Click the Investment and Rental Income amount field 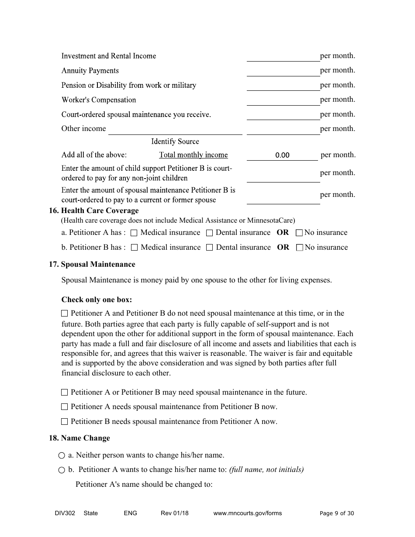point(283,56)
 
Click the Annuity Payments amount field point(283,71)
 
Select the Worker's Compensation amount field point(283,100)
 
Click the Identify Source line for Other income point(175,129)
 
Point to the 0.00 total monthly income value point(282,155)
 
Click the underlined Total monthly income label point(193,155)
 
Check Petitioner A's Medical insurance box point(135,233)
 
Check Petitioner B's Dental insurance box point(210,248)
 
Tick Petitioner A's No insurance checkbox point(299,233)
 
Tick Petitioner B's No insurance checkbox point(300,248)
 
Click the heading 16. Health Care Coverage point(93,211)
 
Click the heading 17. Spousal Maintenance point(92,265)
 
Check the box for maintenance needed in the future point(65,392)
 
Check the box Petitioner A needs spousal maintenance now point(65,407)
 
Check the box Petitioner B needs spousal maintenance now point(65,422)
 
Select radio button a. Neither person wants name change point(62,456)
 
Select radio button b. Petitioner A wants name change point(62,470)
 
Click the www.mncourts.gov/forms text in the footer point(247,513)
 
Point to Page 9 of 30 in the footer point(337,513)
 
